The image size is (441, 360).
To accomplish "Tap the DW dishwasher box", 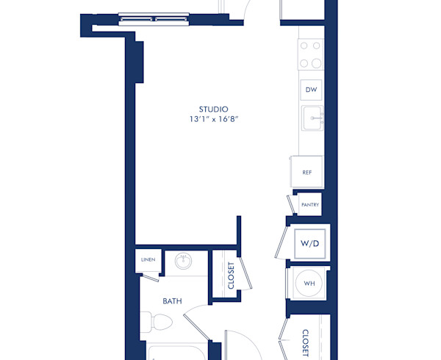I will (x=311, y=90).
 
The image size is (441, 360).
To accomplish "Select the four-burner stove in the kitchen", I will (x=311, y=54).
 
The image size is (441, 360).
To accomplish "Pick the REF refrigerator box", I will (x=306, y=172).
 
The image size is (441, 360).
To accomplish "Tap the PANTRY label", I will (x=309, y=204).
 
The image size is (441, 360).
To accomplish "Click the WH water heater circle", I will (x=309, y=283).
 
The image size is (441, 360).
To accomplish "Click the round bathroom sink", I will (x=184, y=261).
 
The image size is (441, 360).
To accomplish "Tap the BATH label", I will (x=173, y=300).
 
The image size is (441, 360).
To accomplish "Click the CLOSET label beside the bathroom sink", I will (x=231, y=276).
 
